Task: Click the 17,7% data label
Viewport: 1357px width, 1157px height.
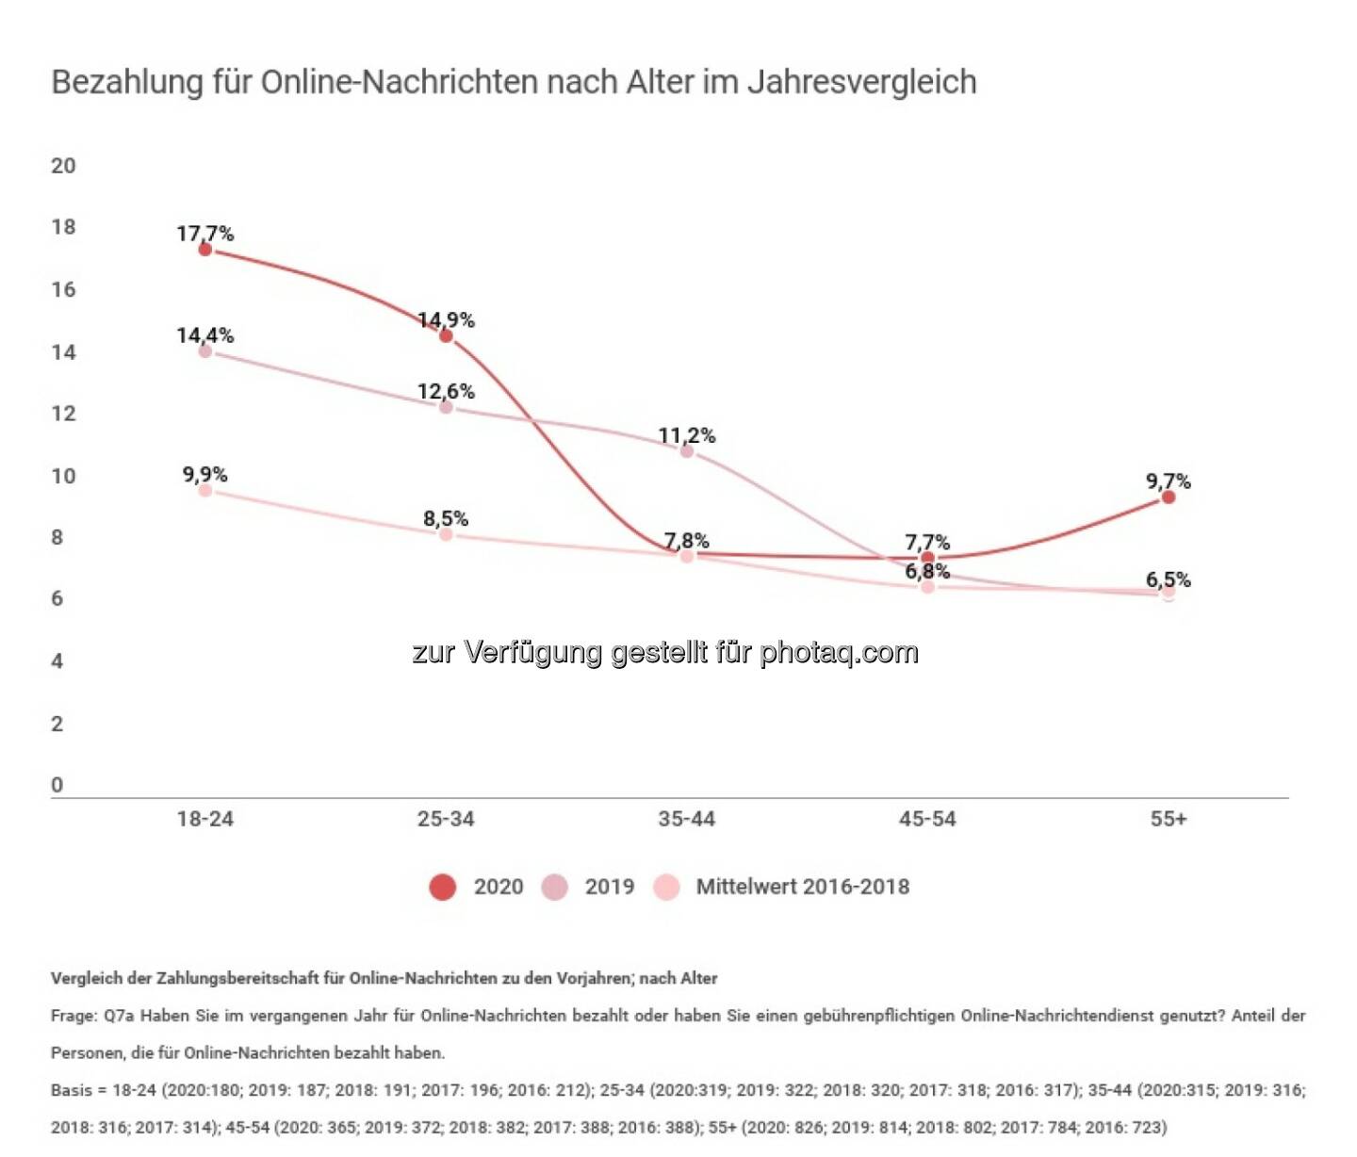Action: coord(204,233)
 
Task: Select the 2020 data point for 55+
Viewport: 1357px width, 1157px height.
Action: coord(1168,497)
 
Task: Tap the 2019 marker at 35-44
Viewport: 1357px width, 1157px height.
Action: coord(687,451)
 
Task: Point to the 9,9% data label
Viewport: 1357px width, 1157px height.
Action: coord(204,474)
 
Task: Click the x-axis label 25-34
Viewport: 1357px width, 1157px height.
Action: coord(446,819)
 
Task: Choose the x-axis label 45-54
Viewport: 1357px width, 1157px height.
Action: coord(927,819)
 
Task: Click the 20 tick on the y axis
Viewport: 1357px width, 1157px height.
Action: coord(63,166)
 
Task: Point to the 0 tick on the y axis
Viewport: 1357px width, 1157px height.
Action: coord(57,785)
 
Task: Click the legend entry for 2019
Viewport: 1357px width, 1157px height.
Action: coord(588,887)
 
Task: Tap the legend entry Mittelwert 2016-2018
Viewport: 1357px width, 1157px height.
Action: coord(782,887)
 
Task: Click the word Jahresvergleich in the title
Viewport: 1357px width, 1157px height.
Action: coord(861,82)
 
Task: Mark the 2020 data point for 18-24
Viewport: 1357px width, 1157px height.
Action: coord(204,249)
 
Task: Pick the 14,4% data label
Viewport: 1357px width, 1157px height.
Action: coord(204,334)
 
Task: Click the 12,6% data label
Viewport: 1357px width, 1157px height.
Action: coord(446,391)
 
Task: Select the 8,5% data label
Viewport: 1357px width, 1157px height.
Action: coord(446,518)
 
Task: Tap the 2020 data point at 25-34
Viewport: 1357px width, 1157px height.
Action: coord(446,335)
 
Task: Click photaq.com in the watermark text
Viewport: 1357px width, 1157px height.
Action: coord(839,652)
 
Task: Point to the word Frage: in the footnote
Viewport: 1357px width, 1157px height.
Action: coord(74,1016)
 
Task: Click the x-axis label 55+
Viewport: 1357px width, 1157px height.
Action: coord(1168,819)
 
